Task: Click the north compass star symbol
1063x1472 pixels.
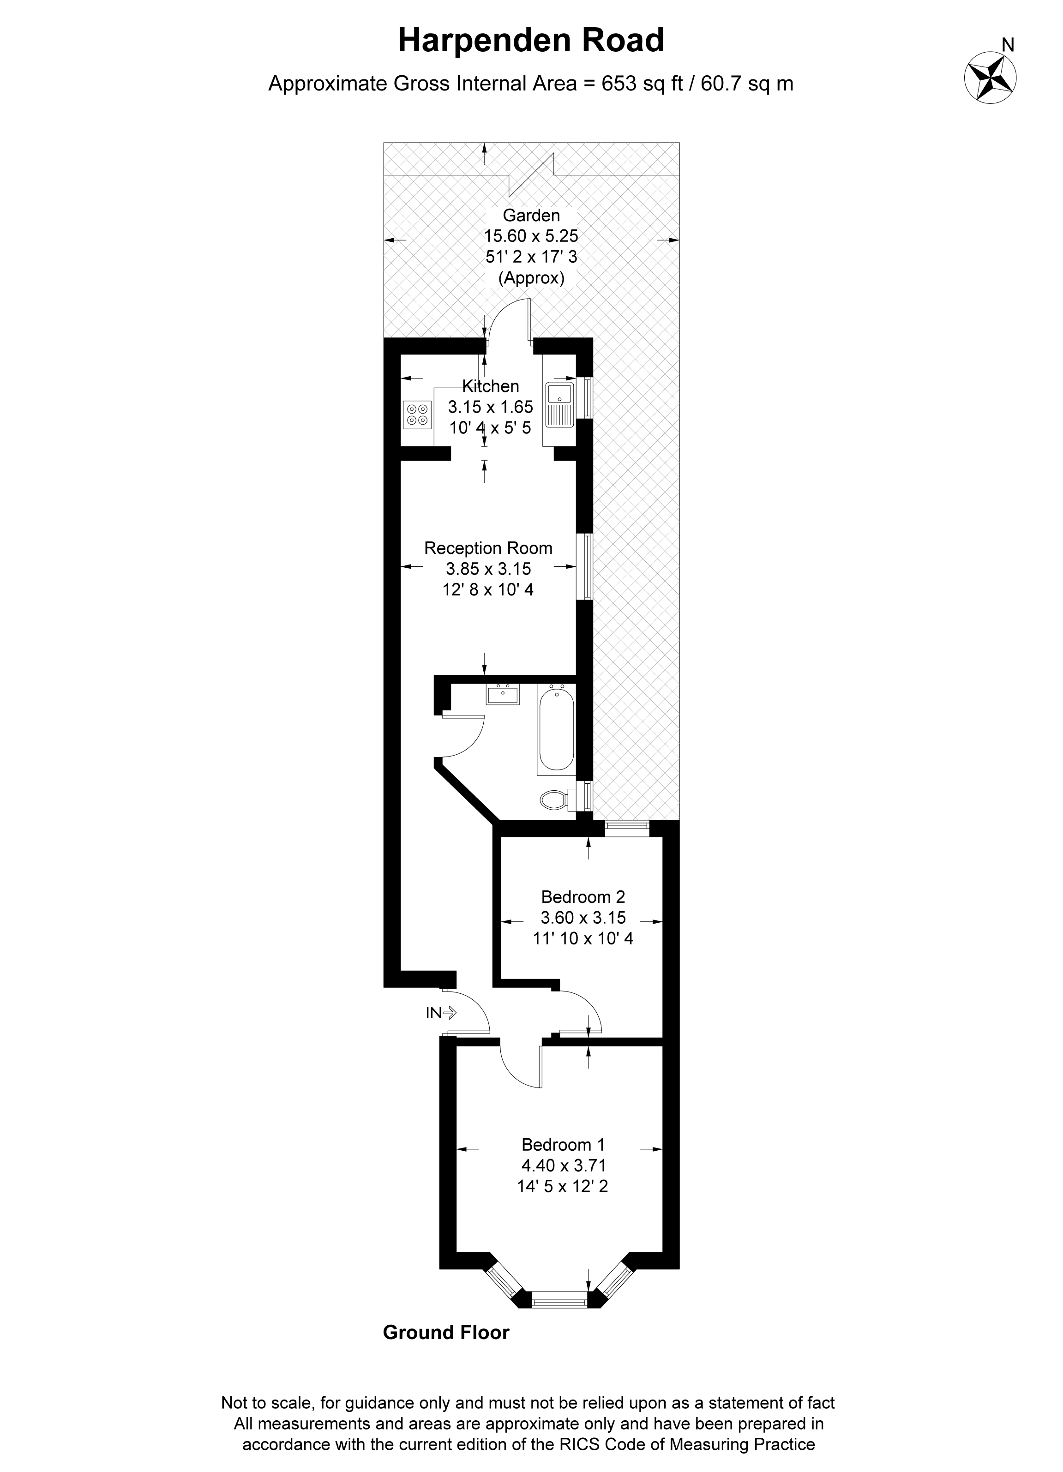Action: tap(990, 77)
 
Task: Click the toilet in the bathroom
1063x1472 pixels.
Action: tap(553, 799)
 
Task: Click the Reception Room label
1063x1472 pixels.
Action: tap(488, 548)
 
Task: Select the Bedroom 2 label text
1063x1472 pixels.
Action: tap(583, 897)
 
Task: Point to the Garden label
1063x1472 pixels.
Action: tap(531, 215)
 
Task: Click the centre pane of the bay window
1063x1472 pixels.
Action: tap(559, 1298)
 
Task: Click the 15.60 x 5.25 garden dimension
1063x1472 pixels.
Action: tap(531, 235)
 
